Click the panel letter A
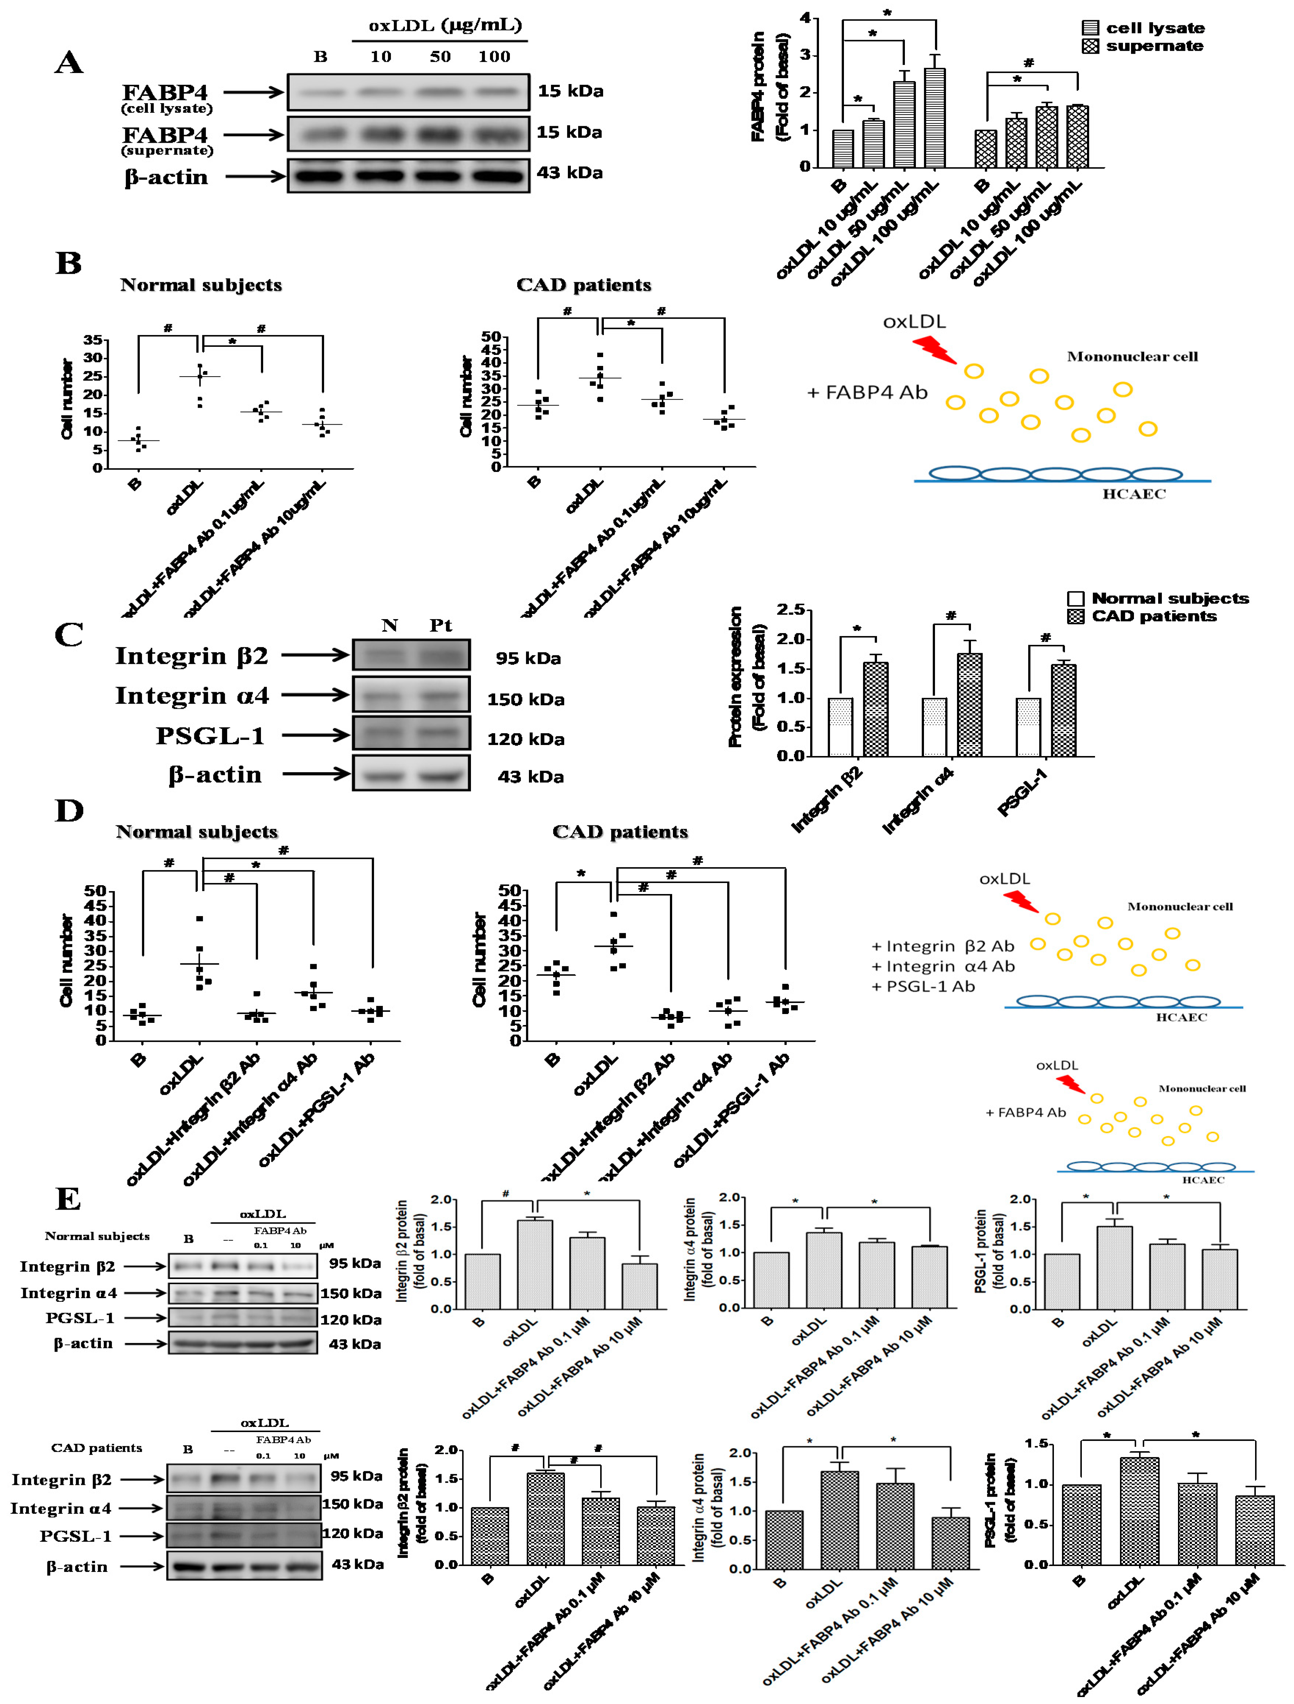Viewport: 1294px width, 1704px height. [x=69, y=62]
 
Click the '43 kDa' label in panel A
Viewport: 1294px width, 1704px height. [x=570, y=172]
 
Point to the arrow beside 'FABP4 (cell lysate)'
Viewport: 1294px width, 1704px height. [x=254, y=92]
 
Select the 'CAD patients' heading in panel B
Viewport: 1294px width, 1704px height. [x=583, y=285]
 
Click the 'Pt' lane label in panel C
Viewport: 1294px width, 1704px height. [x=440, y=625]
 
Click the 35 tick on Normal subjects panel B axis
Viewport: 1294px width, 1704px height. [x=93, y=340]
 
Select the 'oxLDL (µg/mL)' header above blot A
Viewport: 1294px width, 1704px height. [x=445, y=25]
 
